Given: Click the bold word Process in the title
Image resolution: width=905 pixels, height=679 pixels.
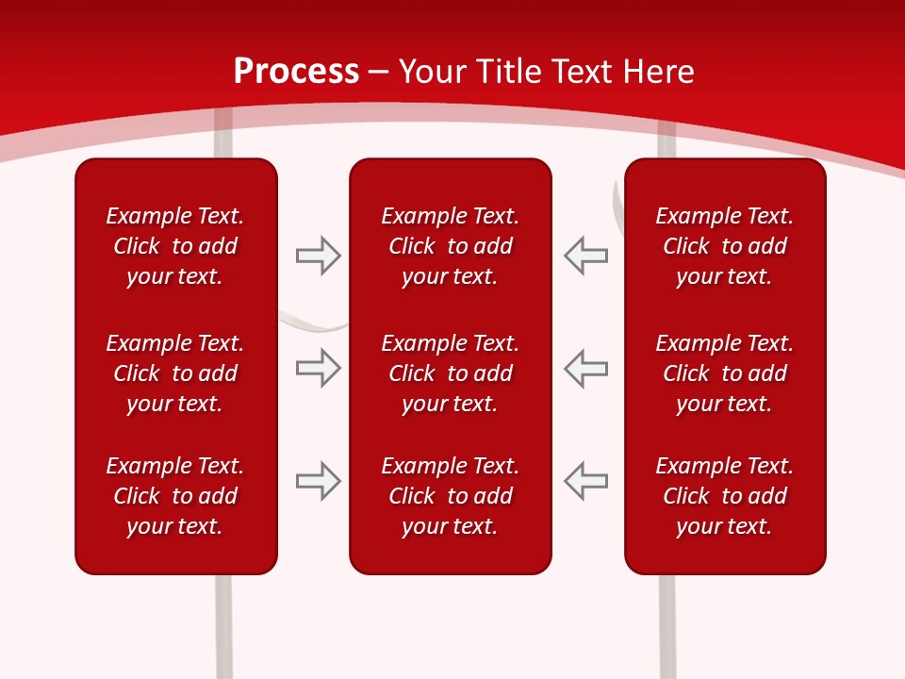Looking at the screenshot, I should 296,72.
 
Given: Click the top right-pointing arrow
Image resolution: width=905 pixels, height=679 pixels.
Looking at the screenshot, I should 318,256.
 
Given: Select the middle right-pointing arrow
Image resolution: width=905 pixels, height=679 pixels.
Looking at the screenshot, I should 318,368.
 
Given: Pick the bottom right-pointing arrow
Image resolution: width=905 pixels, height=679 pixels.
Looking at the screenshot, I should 318,481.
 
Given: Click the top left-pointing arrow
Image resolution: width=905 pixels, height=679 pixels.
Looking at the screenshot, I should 586,256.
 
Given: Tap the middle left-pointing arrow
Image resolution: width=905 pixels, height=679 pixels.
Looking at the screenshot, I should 586,368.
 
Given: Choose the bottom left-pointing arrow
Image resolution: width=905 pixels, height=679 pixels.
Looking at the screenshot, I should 586,481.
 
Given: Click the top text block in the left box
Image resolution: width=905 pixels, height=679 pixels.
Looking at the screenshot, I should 175,246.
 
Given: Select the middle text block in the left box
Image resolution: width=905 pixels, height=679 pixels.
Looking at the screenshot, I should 175,373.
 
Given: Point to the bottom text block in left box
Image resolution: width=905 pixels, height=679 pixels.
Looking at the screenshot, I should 175,496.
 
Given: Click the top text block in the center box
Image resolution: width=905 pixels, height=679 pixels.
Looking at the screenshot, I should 450,246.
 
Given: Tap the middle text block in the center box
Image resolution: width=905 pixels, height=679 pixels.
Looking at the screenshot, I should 450,373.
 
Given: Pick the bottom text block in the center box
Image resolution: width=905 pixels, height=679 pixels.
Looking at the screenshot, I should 450,496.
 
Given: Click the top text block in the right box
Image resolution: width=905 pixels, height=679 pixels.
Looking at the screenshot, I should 724,246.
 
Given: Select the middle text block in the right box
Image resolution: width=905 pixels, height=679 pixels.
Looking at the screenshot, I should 724,373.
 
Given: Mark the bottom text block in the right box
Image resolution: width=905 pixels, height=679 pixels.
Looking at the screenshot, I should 724,496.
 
